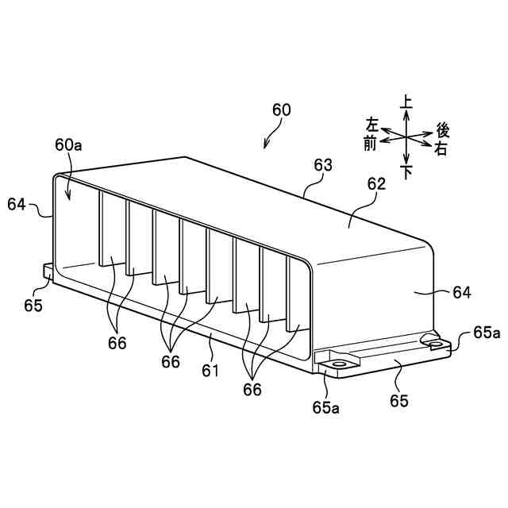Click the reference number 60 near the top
pos(281,110)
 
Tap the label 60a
pos(68,144)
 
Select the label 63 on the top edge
pos(322,165)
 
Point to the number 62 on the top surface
pos(375,184)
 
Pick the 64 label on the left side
pos(17,204)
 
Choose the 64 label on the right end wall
pos(462,293)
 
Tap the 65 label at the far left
pos(33,305)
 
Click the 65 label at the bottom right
pos(398,402)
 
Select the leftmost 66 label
pos(117,342)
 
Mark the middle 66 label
pos(171,361)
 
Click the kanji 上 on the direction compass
pos(406,102)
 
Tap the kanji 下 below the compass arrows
pos(407,171)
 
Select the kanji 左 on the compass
pos(372,125)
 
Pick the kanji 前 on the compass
pos(370,142)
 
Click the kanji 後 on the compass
pos(444,130)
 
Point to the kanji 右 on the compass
pos(441,148)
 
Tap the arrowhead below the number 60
pos(267,145)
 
